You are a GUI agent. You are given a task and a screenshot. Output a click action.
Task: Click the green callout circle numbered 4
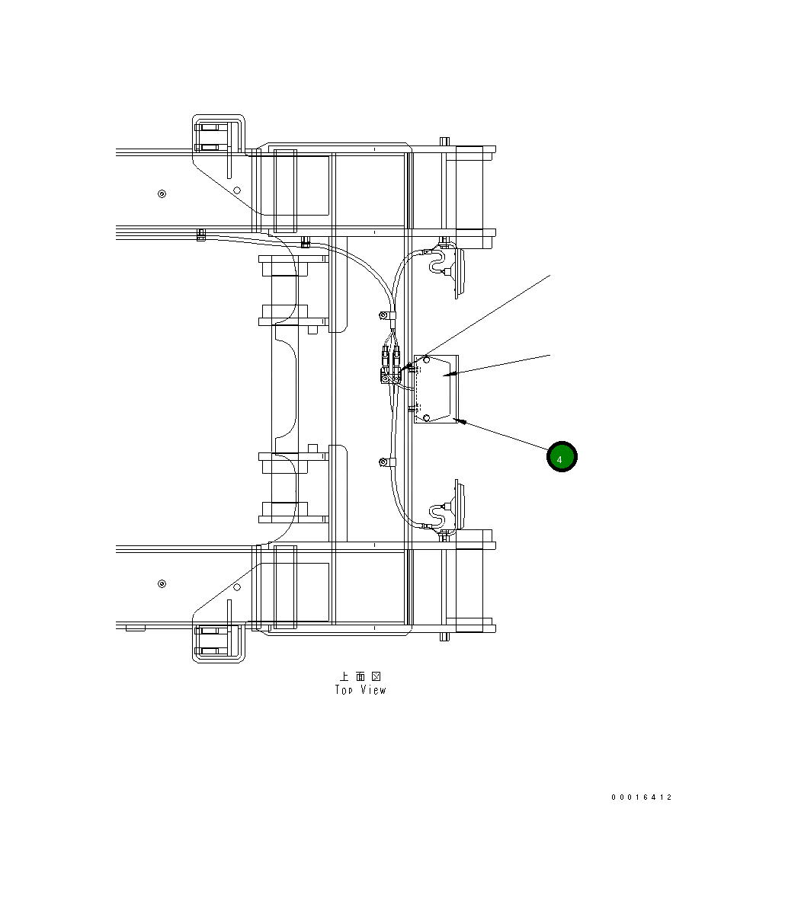pyautogui.click(x=562, y=456)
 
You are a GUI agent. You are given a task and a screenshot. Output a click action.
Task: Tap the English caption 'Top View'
pyautogui.click(x=360, y=690)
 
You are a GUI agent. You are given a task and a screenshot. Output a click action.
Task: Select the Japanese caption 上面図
pyautogui.click(x=360, y=676)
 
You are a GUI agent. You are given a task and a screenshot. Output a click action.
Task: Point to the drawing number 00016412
pyautogui.click(x=641, y=797)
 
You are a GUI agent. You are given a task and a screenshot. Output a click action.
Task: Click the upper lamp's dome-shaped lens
pyautogui.click(x=460, y=273)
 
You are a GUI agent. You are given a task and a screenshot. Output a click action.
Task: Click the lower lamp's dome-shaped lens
pyautogui.click(x=460, y=503)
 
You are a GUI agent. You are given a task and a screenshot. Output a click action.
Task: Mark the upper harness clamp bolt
pyautogui.click(x=383, y=315)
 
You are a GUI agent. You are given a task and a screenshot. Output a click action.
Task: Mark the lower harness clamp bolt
pyautogui.click(x=383, y=462)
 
